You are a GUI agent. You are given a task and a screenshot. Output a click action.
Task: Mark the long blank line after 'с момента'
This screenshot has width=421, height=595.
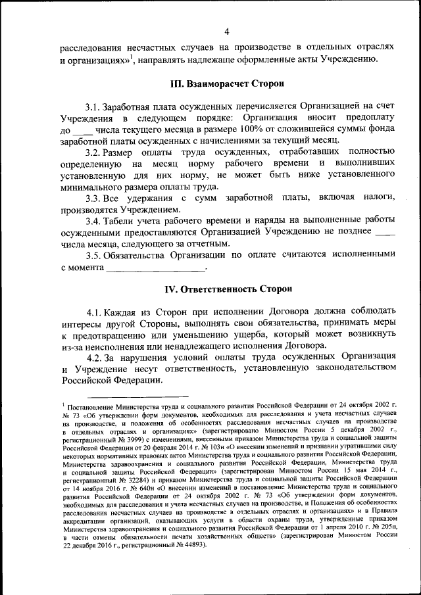(156, 270)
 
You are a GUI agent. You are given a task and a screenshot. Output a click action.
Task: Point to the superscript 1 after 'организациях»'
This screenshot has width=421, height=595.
(132, 57)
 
